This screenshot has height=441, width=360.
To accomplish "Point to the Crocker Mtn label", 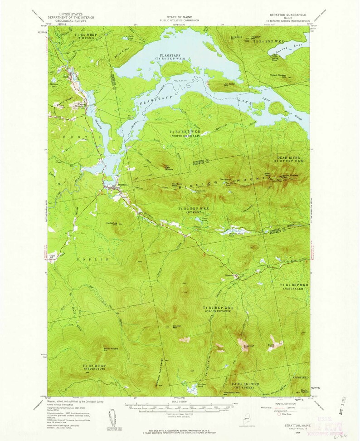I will click(x=177, y=327).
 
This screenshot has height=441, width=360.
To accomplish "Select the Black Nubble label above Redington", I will click(x=111, y=348).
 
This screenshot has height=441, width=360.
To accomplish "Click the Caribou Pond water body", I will click(x=190, y=388).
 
